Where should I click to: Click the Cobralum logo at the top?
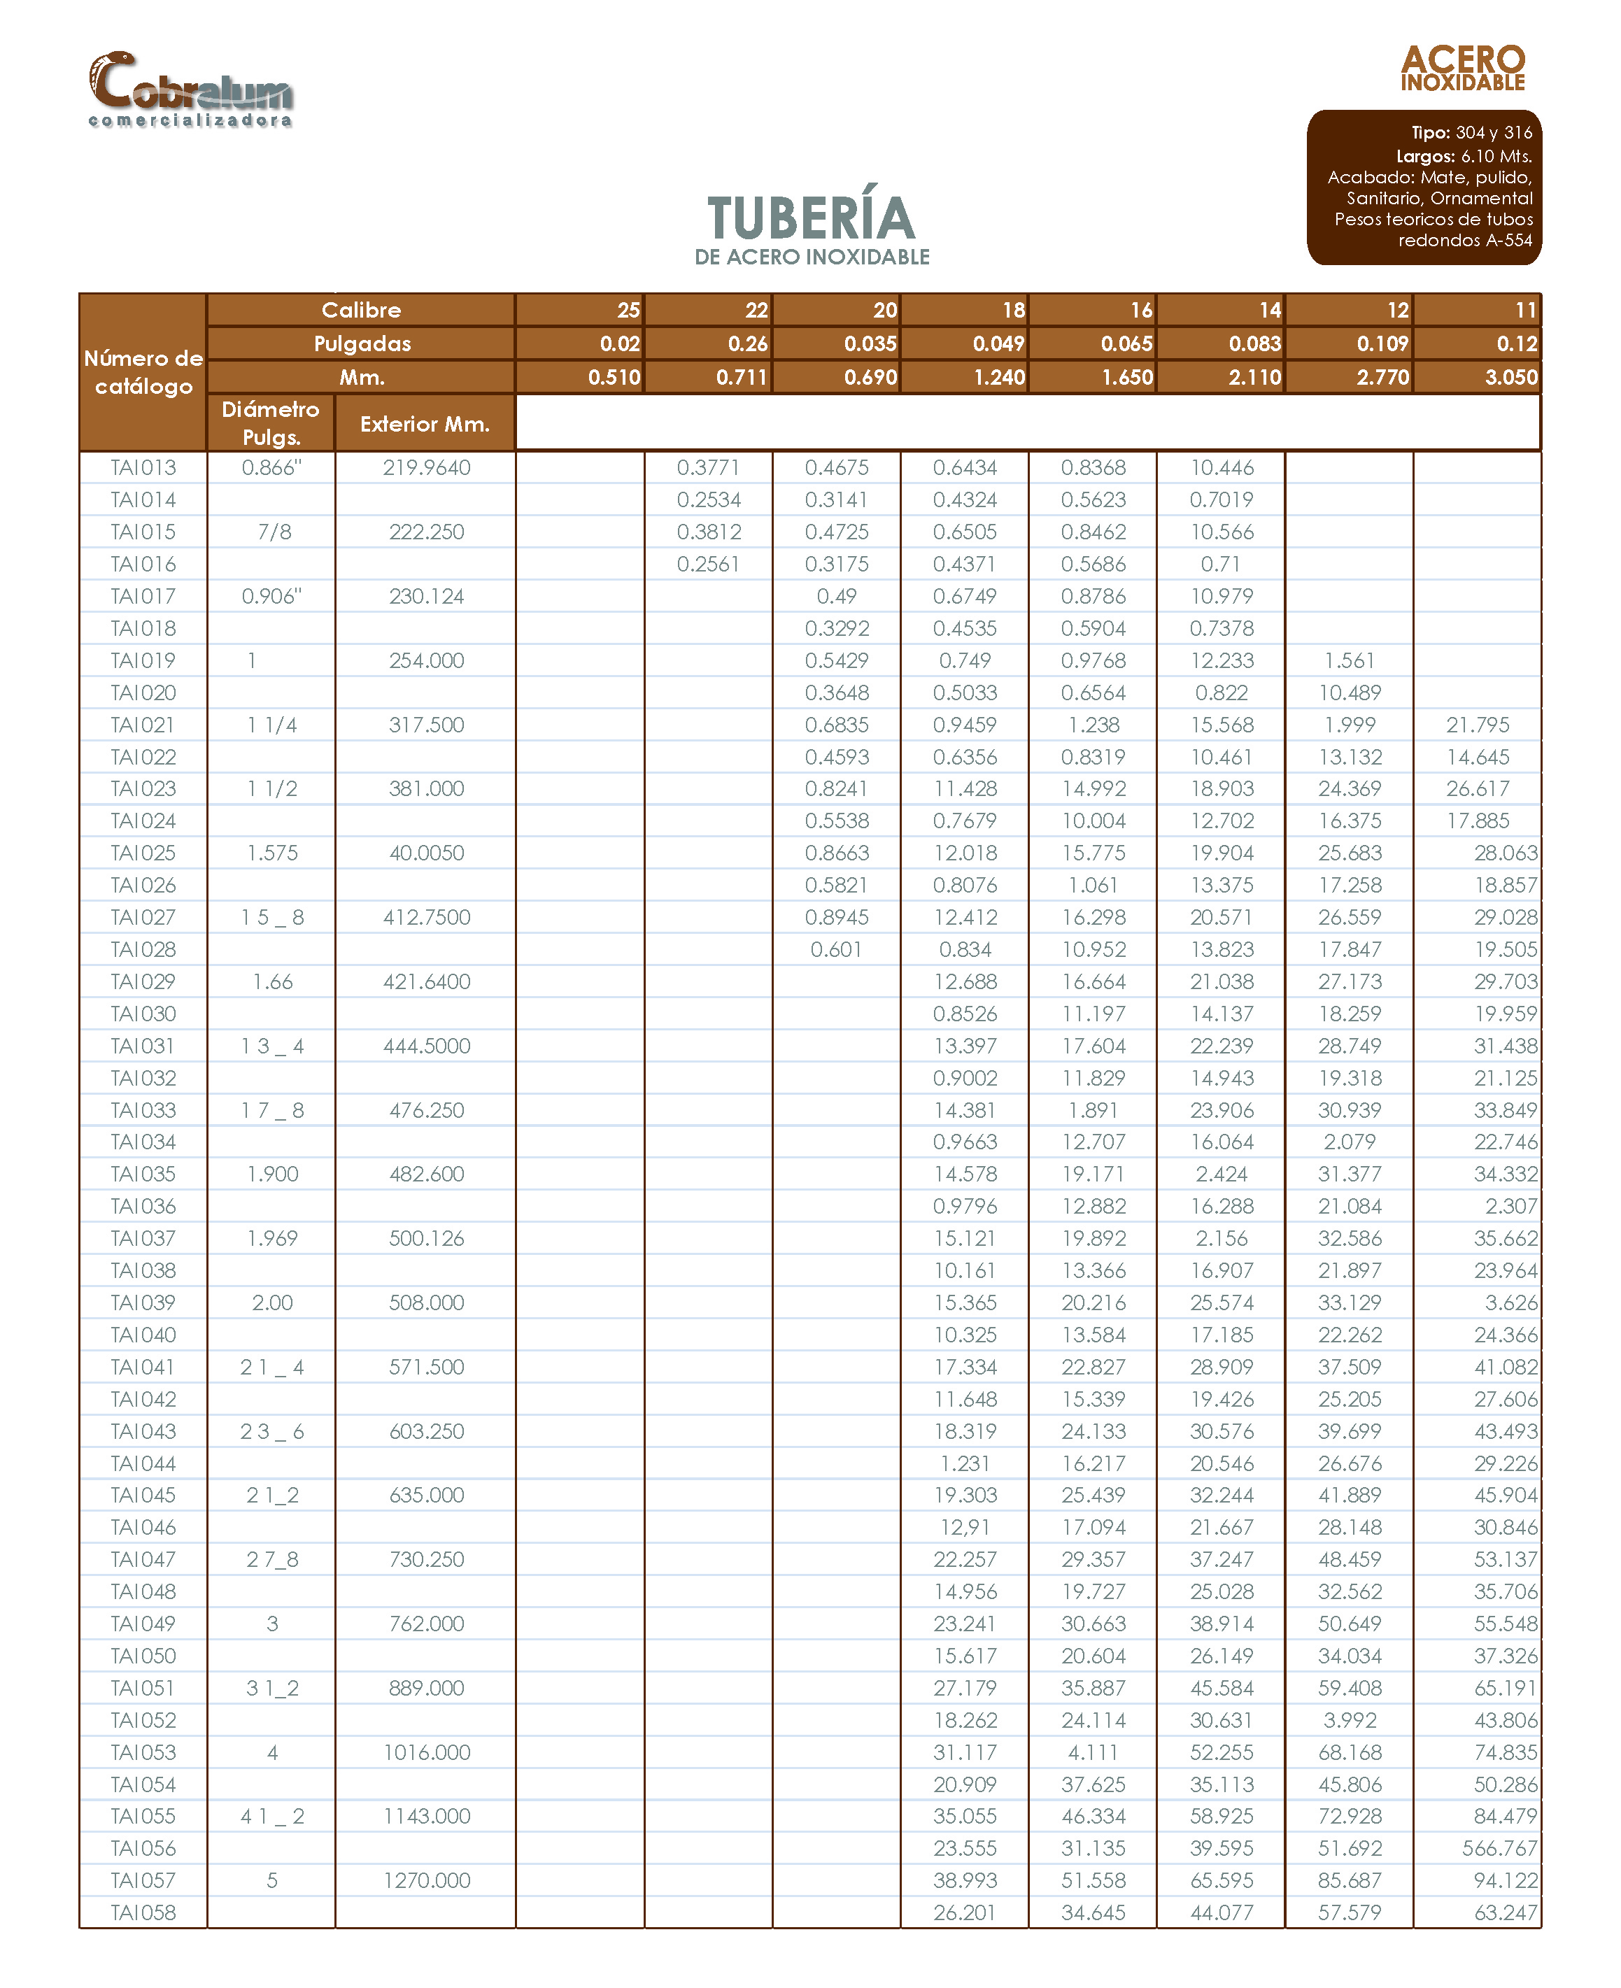pyautogui.click(x=190, y=90)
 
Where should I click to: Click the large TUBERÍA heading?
pyautogui.click(x=810, y=218)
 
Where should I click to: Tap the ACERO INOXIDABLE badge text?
pyautogui.click(x=1462, y=68)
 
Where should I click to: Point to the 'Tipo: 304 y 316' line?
pyautogui.click(x=1471, y=133)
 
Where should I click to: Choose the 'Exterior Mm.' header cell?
pyautogui.click(x=425, y=424)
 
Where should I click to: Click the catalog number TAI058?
pyautogui.click(x=143, y=1912)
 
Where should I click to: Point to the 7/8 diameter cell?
pyautogui.click(x=274, y=532)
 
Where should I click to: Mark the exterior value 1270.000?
pyautogui.click(x=427, y=1880)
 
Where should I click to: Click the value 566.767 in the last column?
pyautogui.click(x=1499, y=1848)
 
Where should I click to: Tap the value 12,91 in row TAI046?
pyautogui.click(x=965, y=1527)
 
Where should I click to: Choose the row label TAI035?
pyautogui.click(x=143, y=1174)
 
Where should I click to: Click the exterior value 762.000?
pyautogui.click(x=427, y=1623)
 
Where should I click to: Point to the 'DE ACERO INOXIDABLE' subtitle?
pyautogui.click(x=812, y=257)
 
